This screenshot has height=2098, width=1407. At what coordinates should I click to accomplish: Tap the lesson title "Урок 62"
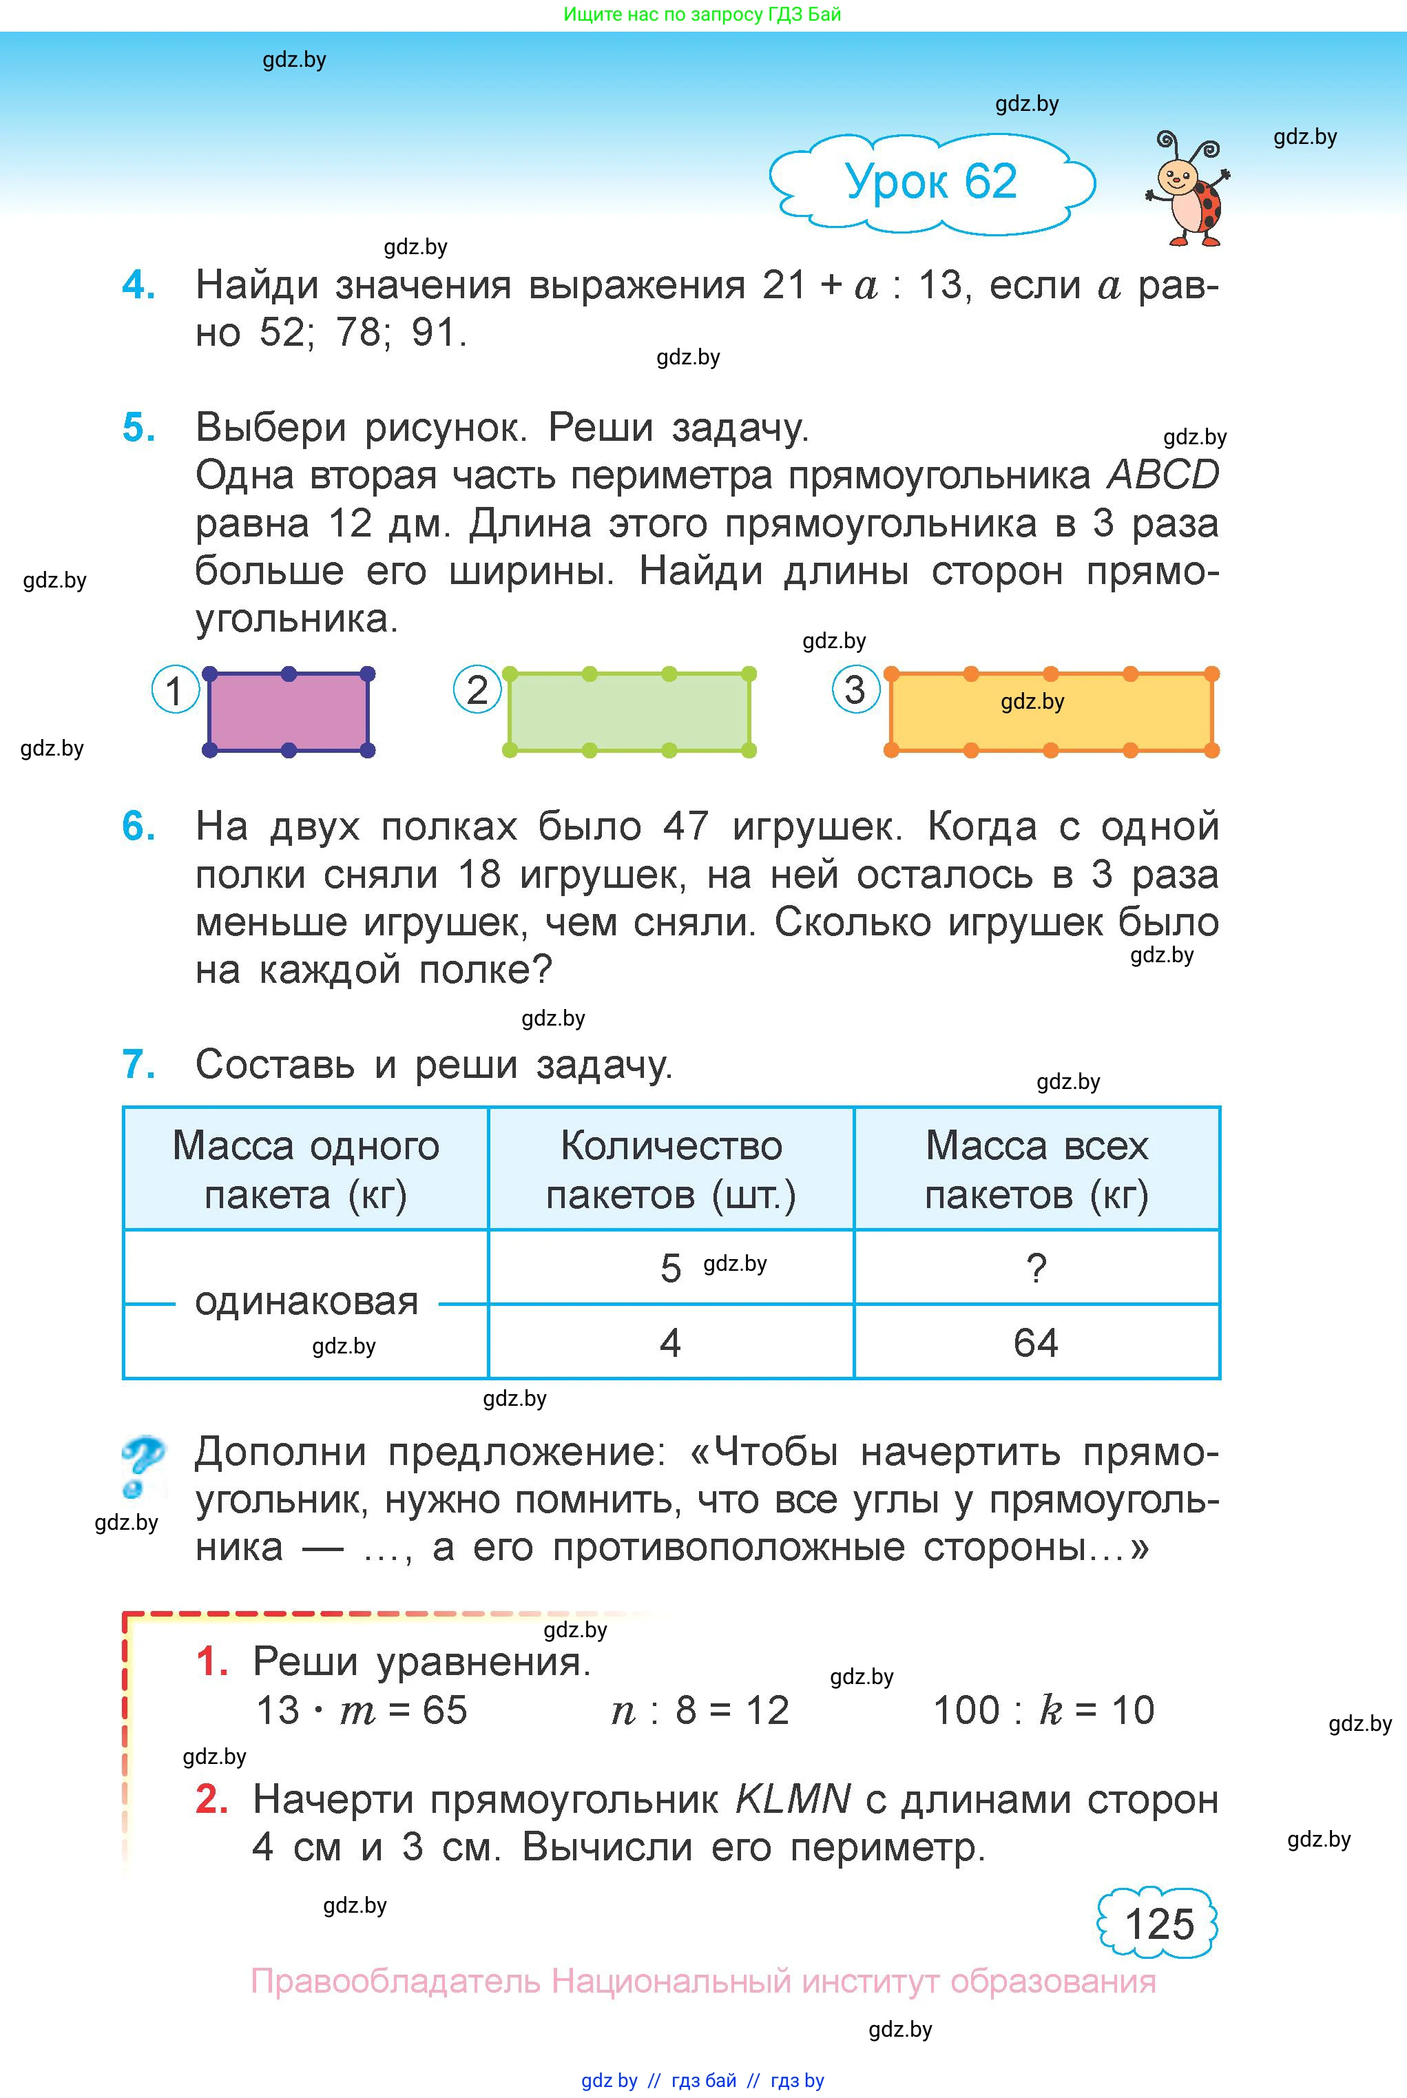[x=930, y=182]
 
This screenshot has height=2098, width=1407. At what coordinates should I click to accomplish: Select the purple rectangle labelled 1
[x=288, y=712]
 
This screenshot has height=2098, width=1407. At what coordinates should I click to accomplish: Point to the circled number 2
[x=477, y=690]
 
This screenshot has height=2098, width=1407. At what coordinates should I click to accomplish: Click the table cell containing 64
[x=1036, y=1343]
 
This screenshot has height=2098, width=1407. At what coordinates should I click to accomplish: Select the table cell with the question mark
[x=1036, y=1268]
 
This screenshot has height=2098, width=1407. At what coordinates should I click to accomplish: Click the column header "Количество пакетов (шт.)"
[x=671, y=1170]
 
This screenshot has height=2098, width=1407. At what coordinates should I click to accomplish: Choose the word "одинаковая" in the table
[x=307, y=1302]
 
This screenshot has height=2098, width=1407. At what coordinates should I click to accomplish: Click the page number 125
[x=1158, y=1923]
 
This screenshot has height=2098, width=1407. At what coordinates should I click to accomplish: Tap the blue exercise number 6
[x=139, y=827]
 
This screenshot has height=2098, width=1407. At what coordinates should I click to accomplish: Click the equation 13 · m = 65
[x=362, y=1710]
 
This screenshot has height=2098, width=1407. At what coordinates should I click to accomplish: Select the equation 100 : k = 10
[x=1043, y=1710]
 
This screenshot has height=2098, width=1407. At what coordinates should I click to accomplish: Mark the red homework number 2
[x=211, y=1799]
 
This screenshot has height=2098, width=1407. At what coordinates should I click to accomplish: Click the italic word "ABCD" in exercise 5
[x=1163, y=475]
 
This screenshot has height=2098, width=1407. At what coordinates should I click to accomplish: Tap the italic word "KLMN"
[x=792, y=1799]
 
